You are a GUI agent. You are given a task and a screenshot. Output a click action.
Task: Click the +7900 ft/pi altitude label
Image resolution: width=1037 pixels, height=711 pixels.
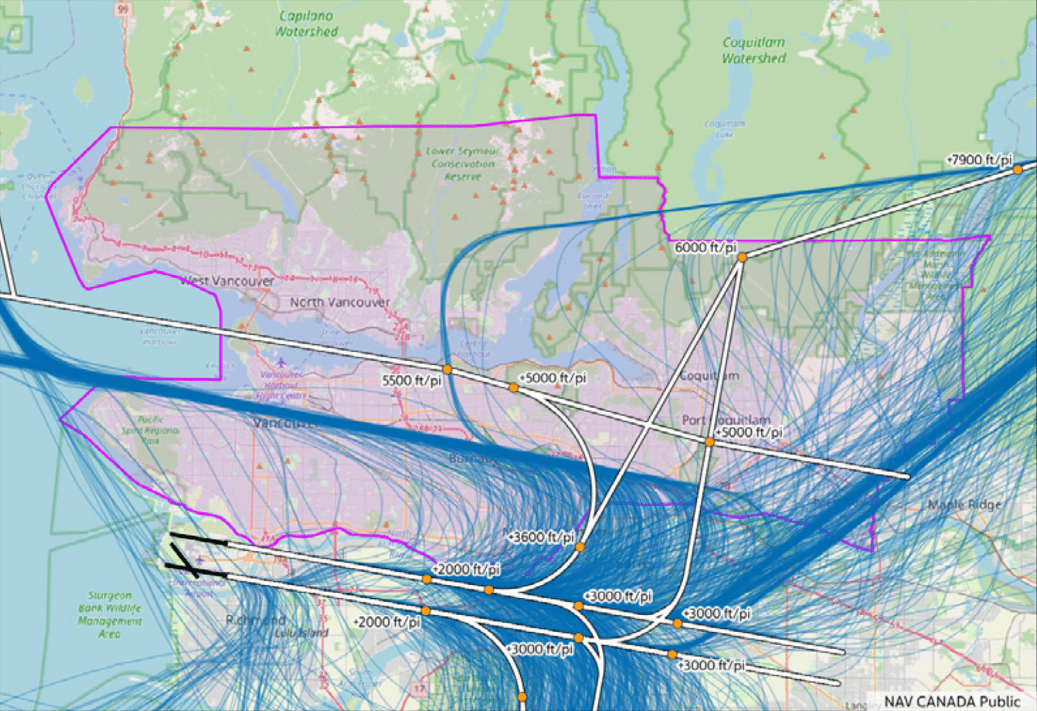979,160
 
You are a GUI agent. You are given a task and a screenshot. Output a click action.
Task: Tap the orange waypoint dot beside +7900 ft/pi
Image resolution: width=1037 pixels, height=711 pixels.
1017,170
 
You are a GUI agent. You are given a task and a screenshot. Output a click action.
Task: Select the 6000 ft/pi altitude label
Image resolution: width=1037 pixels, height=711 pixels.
705,248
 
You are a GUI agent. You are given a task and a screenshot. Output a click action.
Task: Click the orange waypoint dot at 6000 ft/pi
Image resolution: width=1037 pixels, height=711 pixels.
742,257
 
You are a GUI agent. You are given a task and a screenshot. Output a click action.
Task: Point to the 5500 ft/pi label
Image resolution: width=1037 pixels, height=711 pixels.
412,380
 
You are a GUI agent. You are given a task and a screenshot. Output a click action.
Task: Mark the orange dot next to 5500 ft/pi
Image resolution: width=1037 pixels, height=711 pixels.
447,369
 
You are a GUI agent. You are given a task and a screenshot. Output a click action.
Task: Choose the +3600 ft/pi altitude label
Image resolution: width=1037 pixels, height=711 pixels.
541,537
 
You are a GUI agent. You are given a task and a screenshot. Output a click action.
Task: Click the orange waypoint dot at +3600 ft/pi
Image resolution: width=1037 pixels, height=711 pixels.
580,547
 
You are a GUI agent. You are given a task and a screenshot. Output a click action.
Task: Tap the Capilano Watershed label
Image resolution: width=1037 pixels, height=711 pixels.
306,24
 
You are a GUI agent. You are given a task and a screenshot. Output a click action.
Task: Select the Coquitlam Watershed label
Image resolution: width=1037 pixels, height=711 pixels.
754,50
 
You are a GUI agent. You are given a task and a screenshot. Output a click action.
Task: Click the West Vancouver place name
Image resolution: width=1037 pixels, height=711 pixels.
227,281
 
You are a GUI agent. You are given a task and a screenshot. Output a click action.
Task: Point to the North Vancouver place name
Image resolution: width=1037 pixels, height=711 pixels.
340,302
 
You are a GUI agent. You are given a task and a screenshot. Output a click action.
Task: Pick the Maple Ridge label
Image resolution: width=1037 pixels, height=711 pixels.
964,505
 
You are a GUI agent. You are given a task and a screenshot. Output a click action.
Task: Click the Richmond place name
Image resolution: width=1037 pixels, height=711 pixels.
256,620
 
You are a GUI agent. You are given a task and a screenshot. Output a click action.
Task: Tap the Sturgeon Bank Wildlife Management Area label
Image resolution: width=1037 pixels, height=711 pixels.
109,615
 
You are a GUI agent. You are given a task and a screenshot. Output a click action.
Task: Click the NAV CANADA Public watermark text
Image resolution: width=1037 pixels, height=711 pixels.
951,701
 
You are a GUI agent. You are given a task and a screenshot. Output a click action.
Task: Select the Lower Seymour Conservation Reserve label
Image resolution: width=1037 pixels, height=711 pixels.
463,164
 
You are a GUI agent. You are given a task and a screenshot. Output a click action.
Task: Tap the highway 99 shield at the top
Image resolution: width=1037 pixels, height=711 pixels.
122,9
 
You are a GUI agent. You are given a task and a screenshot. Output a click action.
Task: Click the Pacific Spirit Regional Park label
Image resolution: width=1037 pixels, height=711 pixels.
150,430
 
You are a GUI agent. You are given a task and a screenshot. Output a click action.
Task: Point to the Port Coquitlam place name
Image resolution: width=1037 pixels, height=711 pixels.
726,420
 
